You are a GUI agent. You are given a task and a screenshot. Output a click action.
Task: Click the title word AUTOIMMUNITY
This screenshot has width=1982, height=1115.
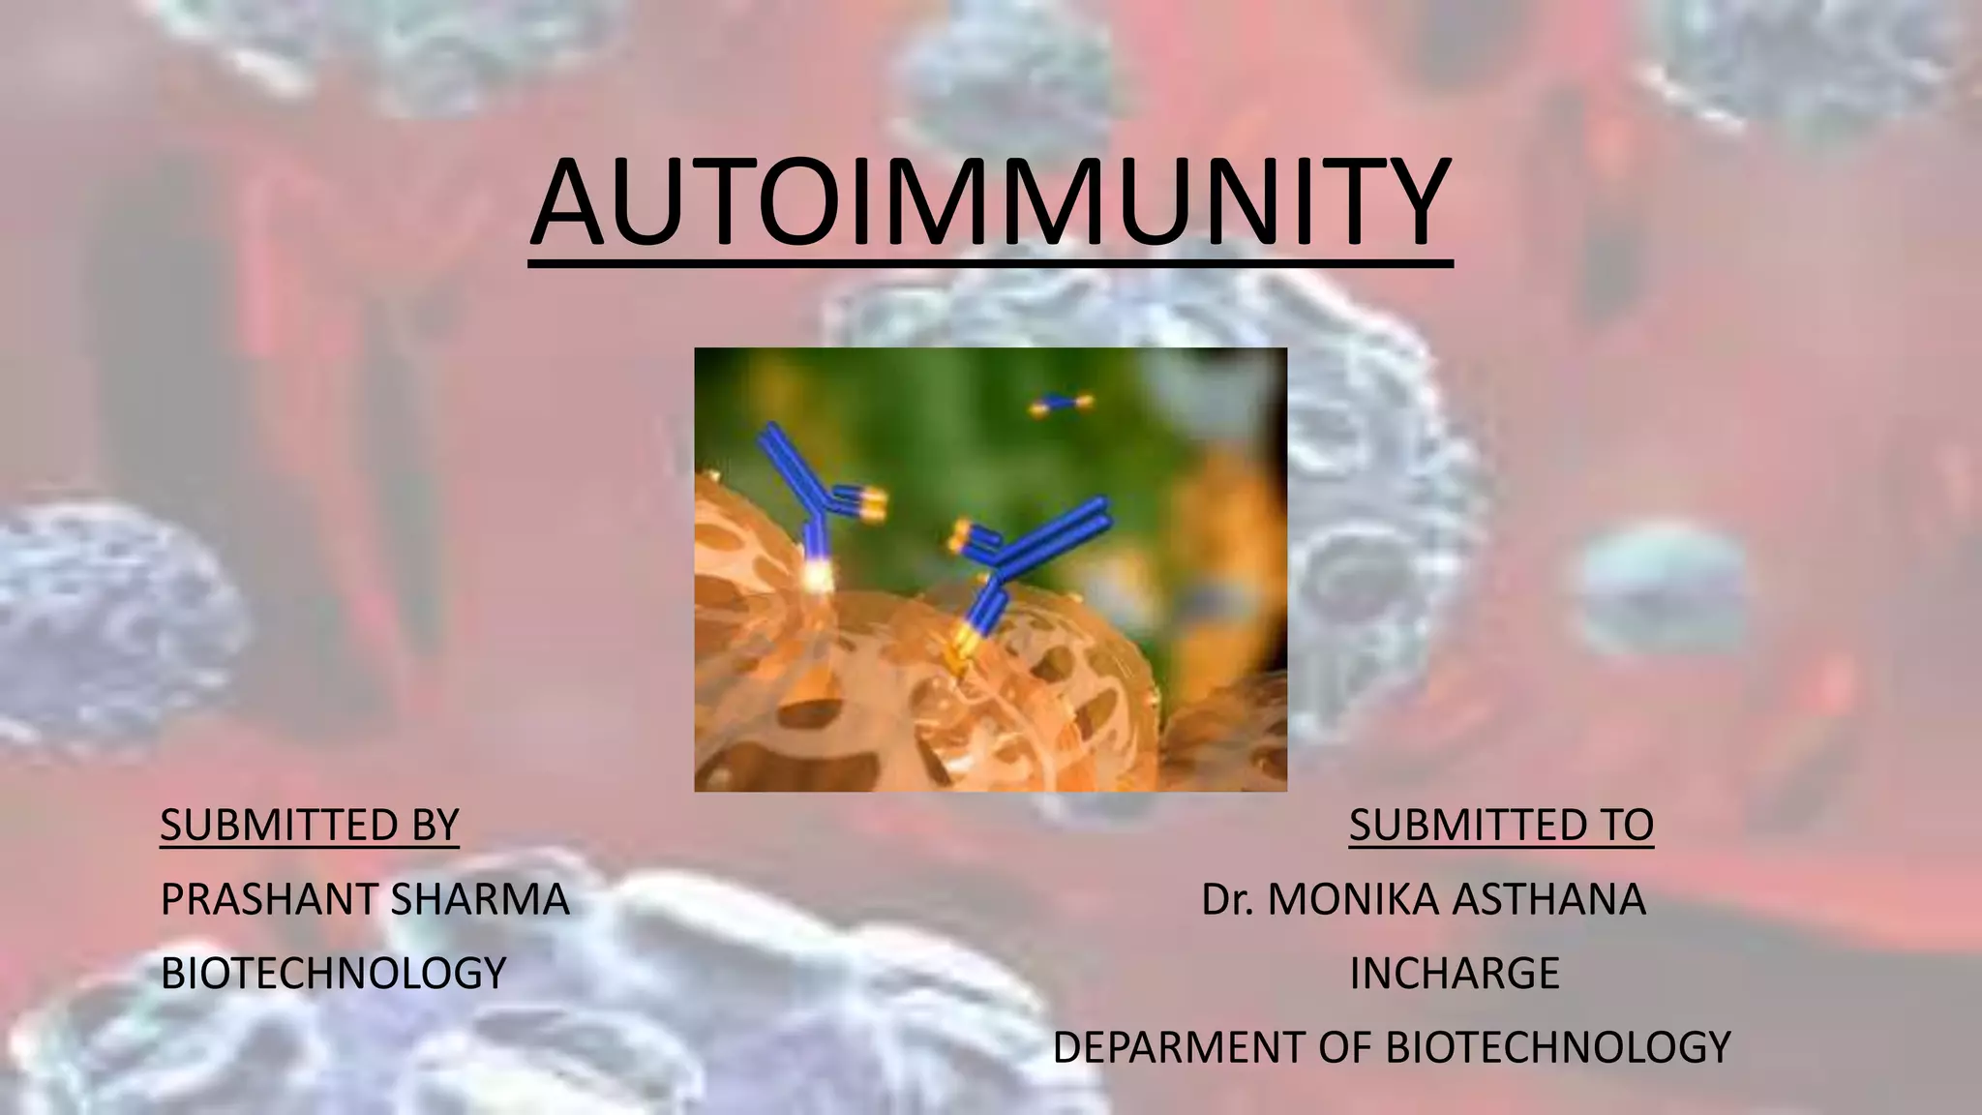tap(990, 204)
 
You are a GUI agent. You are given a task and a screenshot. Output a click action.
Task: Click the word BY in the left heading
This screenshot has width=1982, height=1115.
tap(435, 825)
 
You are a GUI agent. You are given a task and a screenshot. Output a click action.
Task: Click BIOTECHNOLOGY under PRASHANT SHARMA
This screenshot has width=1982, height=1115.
tap(333, 973)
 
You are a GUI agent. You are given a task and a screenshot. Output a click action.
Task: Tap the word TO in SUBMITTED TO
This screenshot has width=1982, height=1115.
tap(1625, 825)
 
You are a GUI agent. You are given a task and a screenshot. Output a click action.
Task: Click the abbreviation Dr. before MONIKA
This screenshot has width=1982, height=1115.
tap(1227, 899)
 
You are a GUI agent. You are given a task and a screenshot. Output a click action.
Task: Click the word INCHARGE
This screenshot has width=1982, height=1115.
tap(1454, 973)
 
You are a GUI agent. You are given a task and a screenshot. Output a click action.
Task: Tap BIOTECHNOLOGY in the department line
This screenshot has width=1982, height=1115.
tap(1557, 1047)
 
